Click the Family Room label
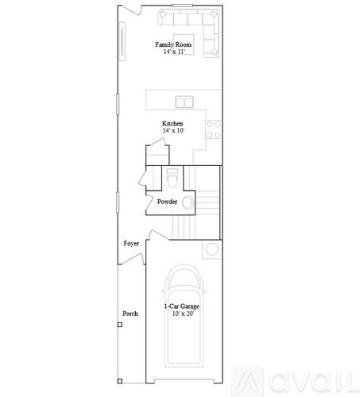[x=173, y=44]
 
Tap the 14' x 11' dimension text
[x=173, y=52]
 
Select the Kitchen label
[x=172, y=124]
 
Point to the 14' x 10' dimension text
[x=172, y=132]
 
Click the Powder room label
[x=167, y=202]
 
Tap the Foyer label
[x=131, y=243]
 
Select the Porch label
[x=130, y=314]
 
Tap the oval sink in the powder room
[x=188, y=203]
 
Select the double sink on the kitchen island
[x=184, y=102]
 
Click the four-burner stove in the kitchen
[x=213, y=124]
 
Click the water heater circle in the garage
[x=212, y=250]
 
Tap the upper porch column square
[x=120, y=325]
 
